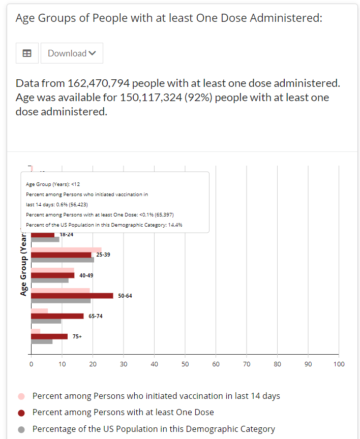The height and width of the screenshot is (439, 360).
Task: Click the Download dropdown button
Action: (x=72, y=53)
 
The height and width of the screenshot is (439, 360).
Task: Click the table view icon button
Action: (x=27, y=53)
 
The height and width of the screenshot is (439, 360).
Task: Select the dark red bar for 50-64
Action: (x=72, y=296)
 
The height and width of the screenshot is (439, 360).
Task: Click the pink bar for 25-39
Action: (x=66, y=249)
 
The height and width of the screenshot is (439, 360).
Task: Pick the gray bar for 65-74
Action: (x=46, y=321)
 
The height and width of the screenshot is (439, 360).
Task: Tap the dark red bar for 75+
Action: (x=49, y=336)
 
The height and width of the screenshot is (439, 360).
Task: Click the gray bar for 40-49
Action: (x=50, y=280)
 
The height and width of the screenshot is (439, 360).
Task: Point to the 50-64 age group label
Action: (x=125, y=296)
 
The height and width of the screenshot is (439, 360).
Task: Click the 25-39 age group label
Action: (x=103, y=255)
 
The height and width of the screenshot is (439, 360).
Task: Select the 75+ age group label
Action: (x=77, y=336)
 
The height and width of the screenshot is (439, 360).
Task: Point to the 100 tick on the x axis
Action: (x=339, y=364)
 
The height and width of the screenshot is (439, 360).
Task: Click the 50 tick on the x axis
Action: (x=185, y=364)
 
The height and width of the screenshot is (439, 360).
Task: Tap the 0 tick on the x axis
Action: (x=31, y=364)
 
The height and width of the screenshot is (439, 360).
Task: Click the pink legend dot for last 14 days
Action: (x=21, y=396)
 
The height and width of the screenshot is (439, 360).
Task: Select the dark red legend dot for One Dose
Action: (x=21, y=413)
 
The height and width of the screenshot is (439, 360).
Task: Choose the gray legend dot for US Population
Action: (x=21, y=429)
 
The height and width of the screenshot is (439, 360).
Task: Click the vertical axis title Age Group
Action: (x=23, y=264)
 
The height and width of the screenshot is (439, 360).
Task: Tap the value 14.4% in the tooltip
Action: (x=175, y=225)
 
